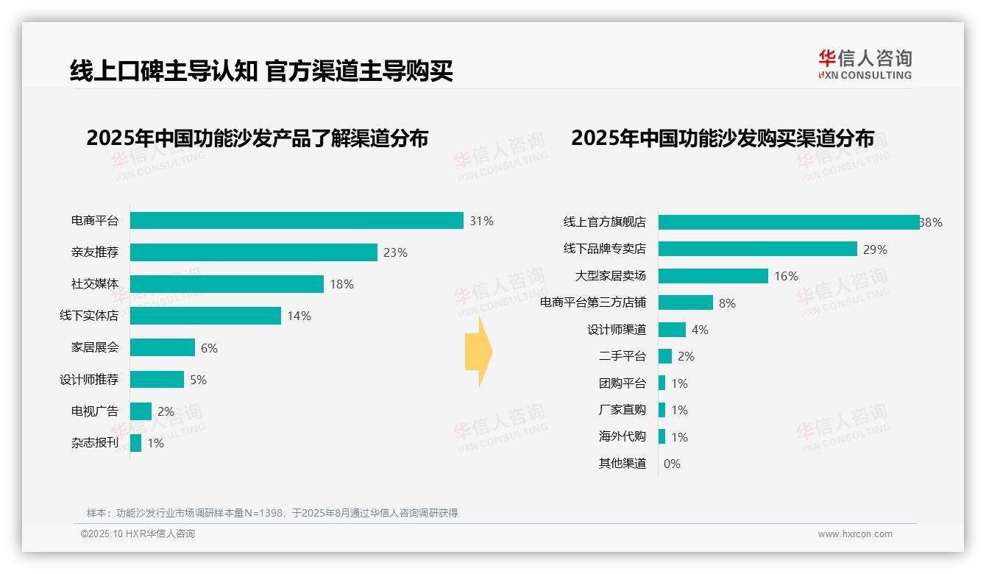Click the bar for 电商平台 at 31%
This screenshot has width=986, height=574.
click(297, 221)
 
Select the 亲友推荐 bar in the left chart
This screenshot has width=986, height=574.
click(254, 252)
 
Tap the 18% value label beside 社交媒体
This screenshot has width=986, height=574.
click(341, 284)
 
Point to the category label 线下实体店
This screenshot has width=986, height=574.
click(89, 316)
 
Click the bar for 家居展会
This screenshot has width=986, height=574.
click(163, 347)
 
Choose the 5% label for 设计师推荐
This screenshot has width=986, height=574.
click(198, 380)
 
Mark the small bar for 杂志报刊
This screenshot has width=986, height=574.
click(135, 443)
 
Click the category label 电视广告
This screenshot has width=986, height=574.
click(95, 411)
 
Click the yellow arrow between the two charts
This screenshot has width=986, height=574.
click(478, 352)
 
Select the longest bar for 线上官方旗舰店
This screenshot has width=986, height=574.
click(788, 222)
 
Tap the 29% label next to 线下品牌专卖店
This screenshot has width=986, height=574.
click(875, 249)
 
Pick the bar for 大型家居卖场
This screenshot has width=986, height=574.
click(713, 276)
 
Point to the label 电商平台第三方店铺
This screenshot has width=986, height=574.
click(593, 302)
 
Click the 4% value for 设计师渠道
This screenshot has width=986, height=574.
click(700, 330)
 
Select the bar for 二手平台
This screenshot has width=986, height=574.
click(665, 356)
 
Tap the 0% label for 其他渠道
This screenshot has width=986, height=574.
click(672, 464)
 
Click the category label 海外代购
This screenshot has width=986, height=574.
click(623, 436)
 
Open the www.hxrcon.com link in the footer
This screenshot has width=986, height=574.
click(855, 534)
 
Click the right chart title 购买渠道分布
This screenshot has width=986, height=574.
click(723, 138)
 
